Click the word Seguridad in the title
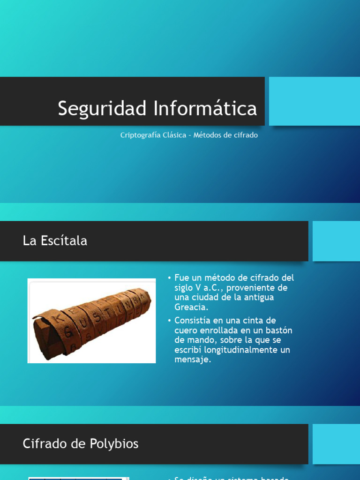pos(103,108)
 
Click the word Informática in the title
pos(205,108)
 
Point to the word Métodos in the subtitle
pos(208,135)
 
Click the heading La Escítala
pos(55,241)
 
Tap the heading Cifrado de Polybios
pos(81,443)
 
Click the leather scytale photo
pos(92,321)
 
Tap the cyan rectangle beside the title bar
pos(314,101)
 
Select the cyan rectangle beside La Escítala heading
pos(336,241)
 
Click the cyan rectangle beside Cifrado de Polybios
pos(336,443)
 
